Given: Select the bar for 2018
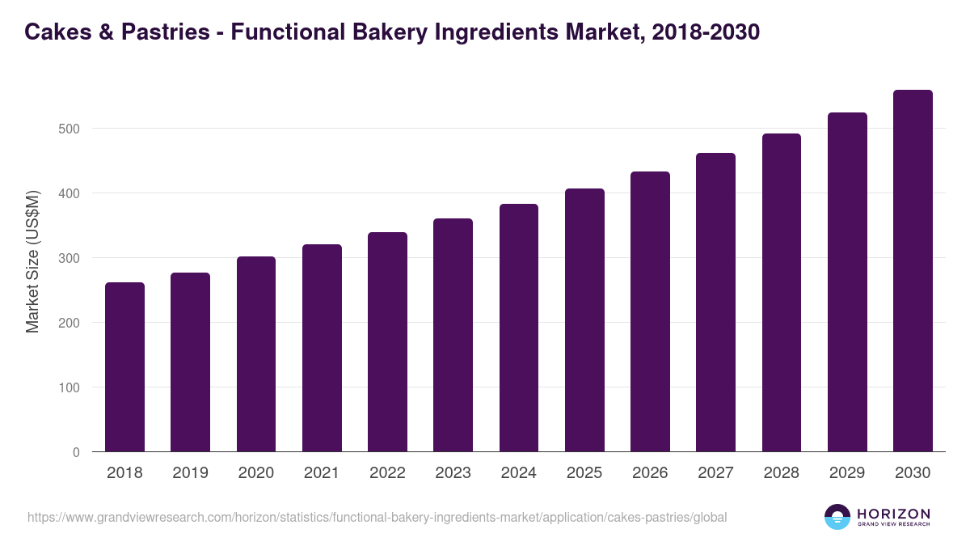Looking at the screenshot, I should (124, 367).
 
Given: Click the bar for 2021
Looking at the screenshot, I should (322, 348).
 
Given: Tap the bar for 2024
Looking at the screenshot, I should (519, 328).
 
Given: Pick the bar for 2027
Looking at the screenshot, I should (715, 303).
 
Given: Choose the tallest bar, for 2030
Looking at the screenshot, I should (913, 271).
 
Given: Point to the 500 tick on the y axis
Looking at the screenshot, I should (70, 129).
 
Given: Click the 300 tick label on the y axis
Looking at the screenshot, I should (70, 258).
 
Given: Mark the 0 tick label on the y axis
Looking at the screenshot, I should (76, 452).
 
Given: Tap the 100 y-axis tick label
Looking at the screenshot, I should (70, 387).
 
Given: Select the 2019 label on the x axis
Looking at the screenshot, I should (190, 473).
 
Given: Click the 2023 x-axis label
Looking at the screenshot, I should (453, 473).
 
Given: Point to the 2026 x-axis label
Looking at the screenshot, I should (650, 473).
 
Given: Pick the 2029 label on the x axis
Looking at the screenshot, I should (847, 473).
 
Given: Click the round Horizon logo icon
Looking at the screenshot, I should (837, 517).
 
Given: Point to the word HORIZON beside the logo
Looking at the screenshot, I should (894, 514).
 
